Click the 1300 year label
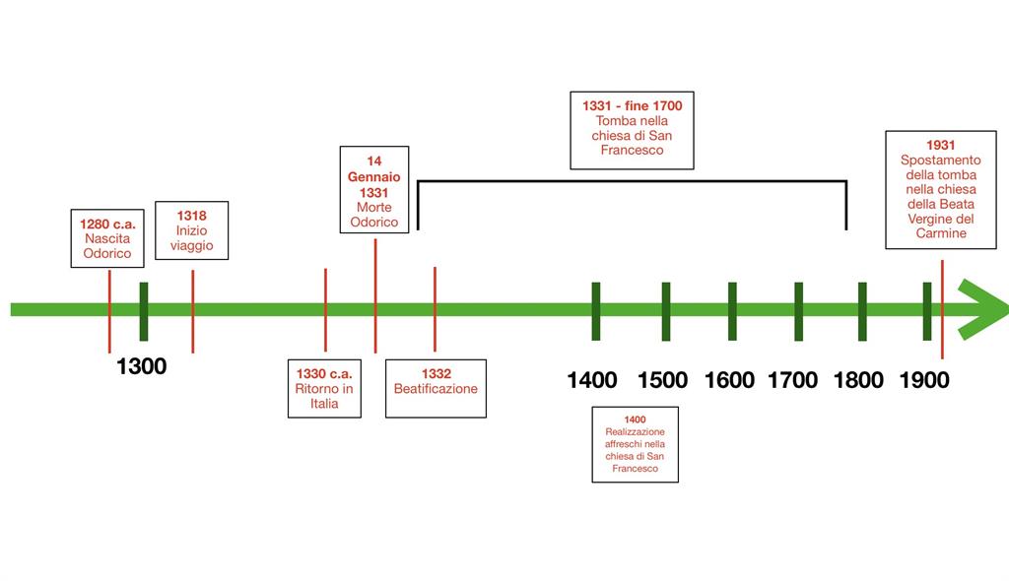(142, 367)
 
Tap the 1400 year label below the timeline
(592, 380)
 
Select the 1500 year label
(662, 380)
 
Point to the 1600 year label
(729, 380)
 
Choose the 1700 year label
(793, 380)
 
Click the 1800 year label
(858, 380)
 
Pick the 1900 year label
(924, 380)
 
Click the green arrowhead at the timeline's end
(981, 309)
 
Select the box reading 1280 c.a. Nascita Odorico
(107, 237)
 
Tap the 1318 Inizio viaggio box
(191, 230)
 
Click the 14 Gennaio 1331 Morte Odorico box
(374, 190)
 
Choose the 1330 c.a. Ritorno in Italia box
(324, 388)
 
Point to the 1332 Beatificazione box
(436, 388)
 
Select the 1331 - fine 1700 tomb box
(632, 128)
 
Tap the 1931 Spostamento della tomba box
(940, 189)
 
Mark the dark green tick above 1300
(144, 311)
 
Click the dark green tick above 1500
(666, 311)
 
